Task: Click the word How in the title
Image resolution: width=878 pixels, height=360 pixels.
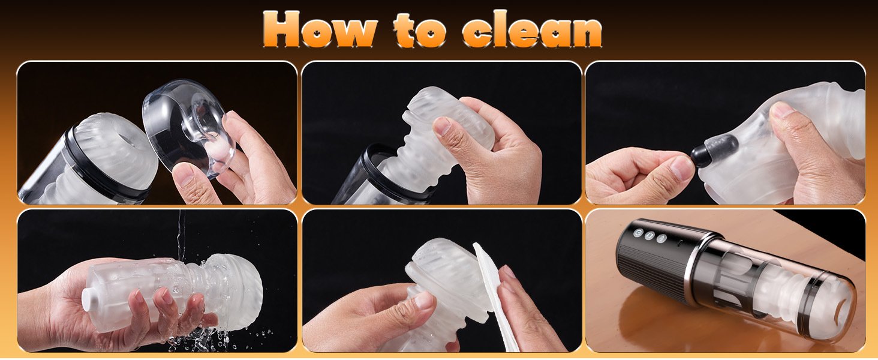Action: pos(320,29)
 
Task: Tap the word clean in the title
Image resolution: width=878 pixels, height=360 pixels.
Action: pos(532,29)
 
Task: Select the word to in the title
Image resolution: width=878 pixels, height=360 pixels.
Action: pos(419,30)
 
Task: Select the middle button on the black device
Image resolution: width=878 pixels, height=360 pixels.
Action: pos(650,236)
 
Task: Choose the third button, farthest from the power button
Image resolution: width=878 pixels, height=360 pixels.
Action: pos(661,238)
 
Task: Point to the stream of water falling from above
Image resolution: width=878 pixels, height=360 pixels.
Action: pos(181,235)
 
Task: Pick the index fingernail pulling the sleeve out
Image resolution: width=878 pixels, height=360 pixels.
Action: pos(442,126)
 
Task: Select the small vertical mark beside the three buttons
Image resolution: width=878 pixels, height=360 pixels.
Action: pos(680,243)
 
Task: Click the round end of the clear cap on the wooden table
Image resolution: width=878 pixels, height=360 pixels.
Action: pos(843,310)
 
